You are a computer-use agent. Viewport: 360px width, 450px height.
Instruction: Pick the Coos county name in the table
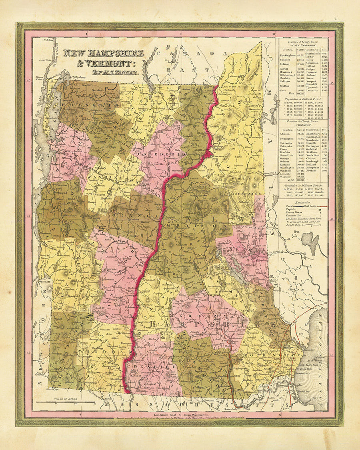pos(285,90)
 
